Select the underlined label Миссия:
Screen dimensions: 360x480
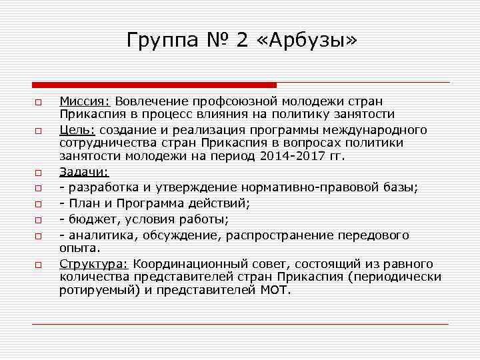click(x=85, y=101)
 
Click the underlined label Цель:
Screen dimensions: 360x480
click(x=77, y=129)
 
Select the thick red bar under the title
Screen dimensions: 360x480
click(x=154, y=85)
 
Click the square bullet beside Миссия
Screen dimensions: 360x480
click(x=39, y=102)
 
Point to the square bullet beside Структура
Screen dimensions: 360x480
click(x=39, y=265)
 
